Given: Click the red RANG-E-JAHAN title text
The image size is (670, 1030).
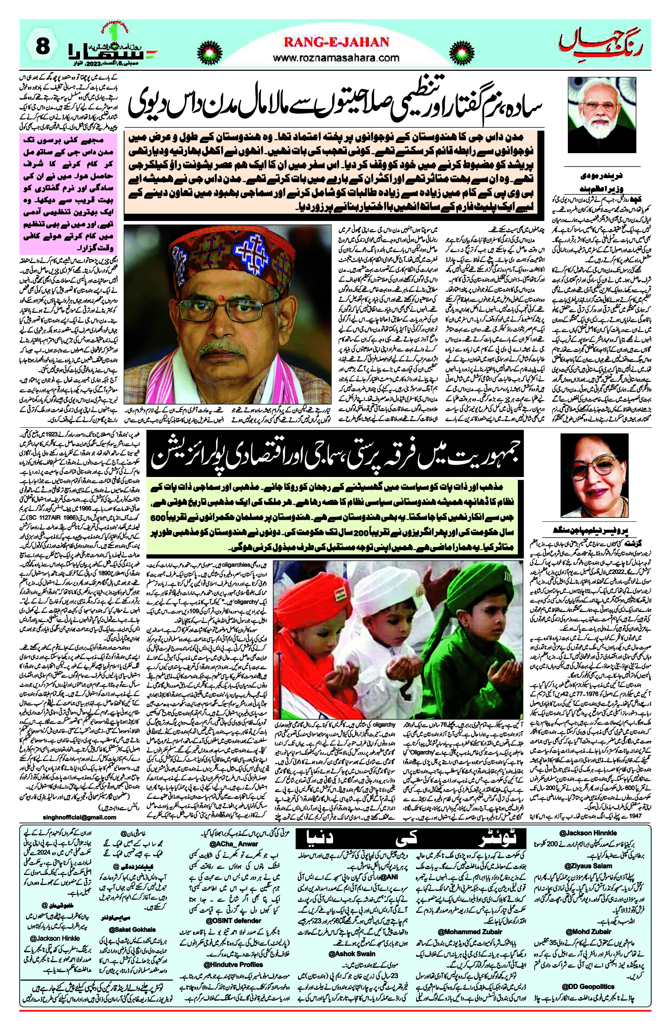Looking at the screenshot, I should tap(336, 42).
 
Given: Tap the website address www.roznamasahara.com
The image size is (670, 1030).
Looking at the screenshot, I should tap(336, 58).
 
